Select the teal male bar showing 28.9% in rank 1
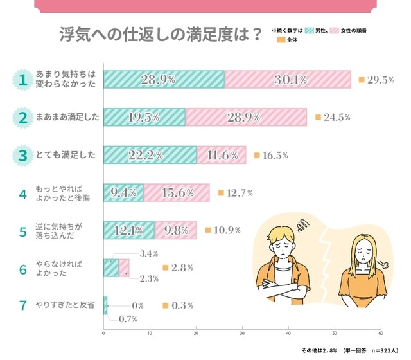(164, 79)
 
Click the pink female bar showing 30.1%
(288, 79)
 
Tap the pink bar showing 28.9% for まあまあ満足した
(246, 117)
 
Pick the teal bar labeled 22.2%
(150, 155)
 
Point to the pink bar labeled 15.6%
(177, 192)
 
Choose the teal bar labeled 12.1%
(128, 230)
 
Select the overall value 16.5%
(274, 156)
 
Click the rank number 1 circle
(22, 80)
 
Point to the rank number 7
(22, 305)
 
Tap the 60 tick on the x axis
(381, 334)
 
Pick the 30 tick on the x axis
(242, 334)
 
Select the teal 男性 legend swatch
(308, 30)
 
